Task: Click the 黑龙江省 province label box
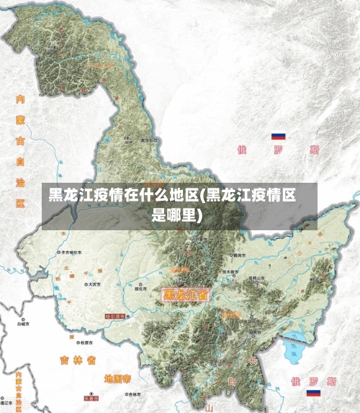tap(186, 294)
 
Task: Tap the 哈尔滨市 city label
tap(115, 316)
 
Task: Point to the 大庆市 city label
tap(94, 284)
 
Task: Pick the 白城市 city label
tap(24, 324)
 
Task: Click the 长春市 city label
tap(91, 397)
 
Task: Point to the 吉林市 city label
tap(134, 394)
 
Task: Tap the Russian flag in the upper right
tap(278, 136)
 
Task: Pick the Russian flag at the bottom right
tap(313, 393)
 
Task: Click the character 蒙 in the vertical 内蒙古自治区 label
tap(20, 119)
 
